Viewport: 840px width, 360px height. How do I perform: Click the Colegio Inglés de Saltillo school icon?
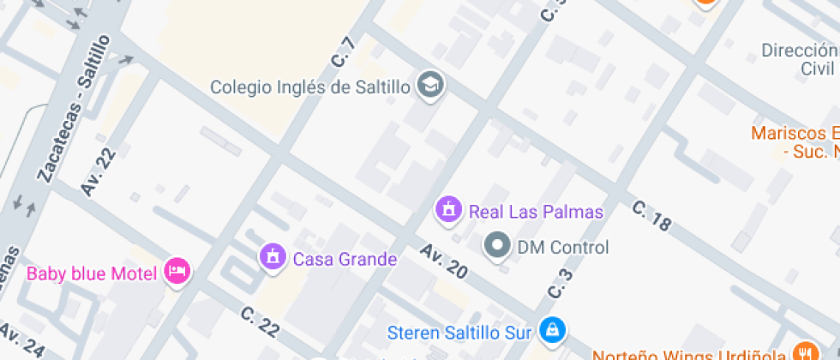click(430, 85)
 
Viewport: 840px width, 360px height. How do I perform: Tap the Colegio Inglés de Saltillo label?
click(312, 87)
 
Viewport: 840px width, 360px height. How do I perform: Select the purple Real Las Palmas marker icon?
click(447, 208)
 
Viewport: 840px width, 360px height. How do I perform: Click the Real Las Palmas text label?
click(536, 211)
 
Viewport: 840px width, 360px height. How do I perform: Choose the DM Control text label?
click(563, 248)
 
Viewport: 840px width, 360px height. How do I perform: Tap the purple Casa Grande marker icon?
click(273, 256)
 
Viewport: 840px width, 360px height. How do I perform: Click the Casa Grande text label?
click(345, 259)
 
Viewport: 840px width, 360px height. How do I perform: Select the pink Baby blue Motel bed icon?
click(177, 272)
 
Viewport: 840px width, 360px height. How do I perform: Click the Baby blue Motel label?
click(92, 274)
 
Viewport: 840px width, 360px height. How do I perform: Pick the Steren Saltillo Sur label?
click(461, 331)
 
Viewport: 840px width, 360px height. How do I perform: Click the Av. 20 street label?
click(444, 261)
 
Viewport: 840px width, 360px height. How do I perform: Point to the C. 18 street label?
click(651, 216)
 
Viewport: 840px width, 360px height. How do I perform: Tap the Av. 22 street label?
click(98, 171)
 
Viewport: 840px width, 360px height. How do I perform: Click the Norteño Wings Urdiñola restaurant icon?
click(803, 352)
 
